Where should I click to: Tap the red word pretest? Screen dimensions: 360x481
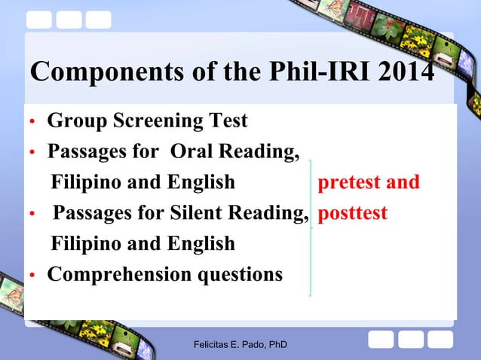pyautogui.click(x=351, y=182)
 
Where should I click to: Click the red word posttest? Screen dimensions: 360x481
pyautogui.click(x=353, y=213)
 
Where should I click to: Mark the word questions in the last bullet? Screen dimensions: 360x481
pyautogui.click(x=240, y=274)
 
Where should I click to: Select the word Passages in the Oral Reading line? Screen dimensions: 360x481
pyautogui.click(x=85, y=151)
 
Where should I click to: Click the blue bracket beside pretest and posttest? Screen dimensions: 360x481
pyautogui.click(x=311, y=226)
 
